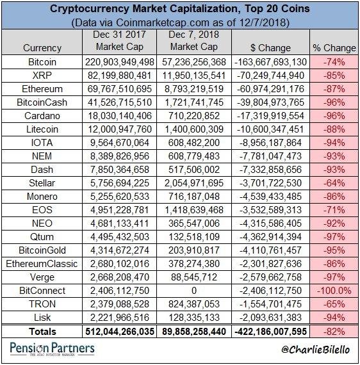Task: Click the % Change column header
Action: click(x=334, y=48)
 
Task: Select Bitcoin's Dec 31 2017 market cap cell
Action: click(x=119, y=62)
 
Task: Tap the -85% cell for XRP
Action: click(x=334, y=76)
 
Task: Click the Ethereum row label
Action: click(x=42, y=89)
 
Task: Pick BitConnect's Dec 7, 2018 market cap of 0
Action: click(x=194, y=291)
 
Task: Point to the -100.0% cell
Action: click(x=334, y=291)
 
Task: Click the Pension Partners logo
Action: click(x=52, y=349)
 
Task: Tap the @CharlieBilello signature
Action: click(x=316, y=350)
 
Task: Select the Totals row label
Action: click(x=42, y=332)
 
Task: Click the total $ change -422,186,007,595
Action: click(x=270, y=332)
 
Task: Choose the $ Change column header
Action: click(x=270, y=48)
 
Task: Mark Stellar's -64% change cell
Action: click(x=334, y=183)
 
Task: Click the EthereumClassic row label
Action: click(x=42, y=264)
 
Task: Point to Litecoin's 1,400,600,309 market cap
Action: click(x=194, y=129)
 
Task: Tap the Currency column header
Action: click(x=42, y=48)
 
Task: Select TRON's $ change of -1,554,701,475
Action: click(x=270, y=304)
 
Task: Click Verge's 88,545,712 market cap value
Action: click(x=194, y=277)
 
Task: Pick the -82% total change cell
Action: click(x=334, y=332)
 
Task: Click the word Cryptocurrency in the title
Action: click(x=89, y=10)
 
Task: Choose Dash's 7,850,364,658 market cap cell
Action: click(x=119, y=170)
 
